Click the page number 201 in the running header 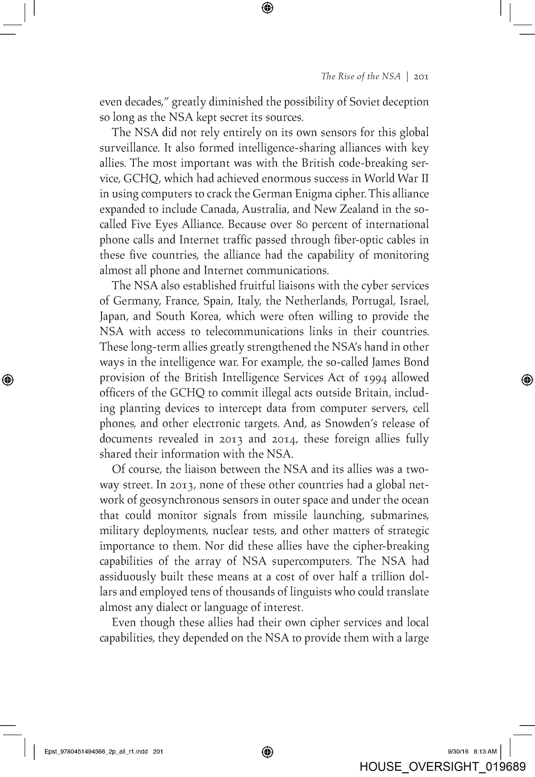pos(421,77)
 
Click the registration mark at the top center pos(267,7)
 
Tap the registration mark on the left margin pos(7,380)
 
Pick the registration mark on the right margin pos(527,380)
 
